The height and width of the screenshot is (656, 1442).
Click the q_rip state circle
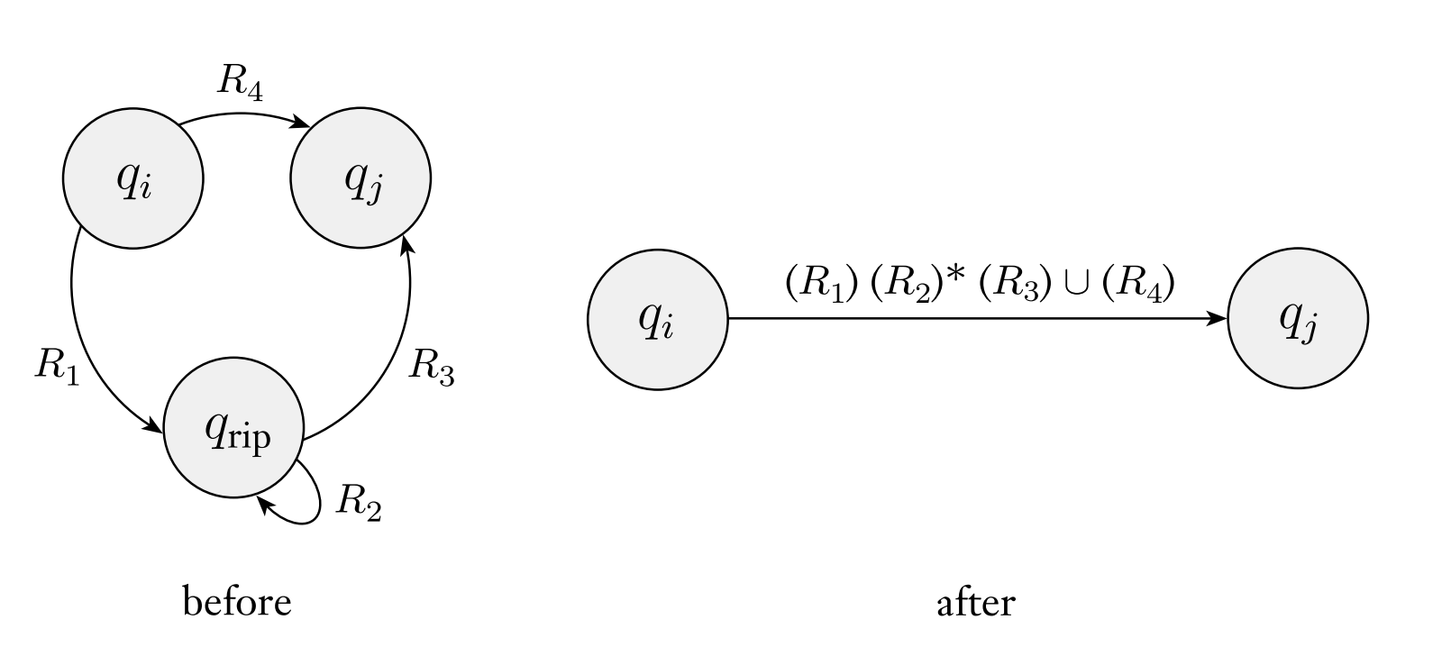click(x=233, y=428)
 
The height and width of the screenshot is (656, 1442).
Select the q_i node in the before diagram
click(x=133, y=178)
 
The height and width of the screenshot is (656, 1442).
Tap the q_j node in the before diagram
click(x=360, y=178)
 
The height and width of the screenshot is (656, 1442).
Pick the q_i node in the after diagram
click(x=657, y=319)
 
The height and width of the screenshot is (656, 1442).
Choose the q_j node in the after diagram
click(x=1298, y=319)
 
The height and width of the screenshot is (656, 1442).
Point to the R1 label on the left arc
click(x=56, y=366)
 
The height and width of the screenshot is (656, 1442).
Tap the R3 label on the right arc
click(x=431, y=366)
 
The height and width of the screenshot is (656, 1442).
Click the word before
click(x=237, y=601)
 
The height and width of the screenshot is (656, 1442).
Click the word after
click(x=976, y=601)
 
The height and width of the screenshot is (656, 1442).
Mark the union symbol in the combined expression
click(x=1076, y=285)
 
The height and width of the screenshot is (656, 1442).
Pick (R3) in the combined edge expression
click(x=1016, y=285)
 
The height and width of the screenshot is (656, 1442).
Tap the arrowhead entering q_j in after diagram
click(x=1218, y=319)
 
